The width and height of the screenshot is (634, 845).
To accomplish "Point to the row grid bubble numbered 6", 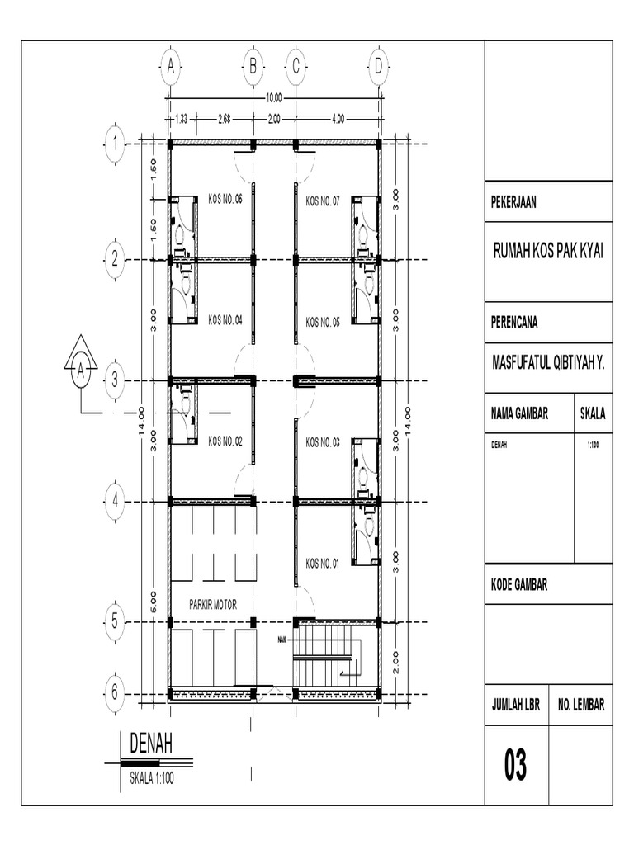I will coord(116,692).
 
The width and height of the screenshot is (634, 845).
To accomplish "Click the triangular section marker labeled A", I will coord(81,364).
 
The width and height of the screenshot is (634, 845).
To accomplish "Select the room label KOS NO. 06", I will coord(225,200).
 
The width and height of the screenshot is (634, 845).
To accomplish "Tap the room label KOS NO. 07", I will coord(323,200).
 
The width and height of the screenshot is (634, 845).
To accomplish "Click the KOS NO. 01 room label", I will coord(323,563).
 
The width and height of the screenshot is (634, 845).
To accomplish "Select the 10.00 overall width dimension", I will coord(272,98).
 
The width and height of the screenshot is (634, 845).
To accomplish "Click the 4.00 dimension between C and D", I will coord(338,119).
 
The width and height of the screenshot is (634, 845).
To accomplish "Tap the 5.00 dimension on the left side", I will coord(154,600).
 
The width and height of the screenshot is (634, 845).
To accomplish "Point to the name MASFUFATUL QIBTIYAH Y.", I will coord(548,360).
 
